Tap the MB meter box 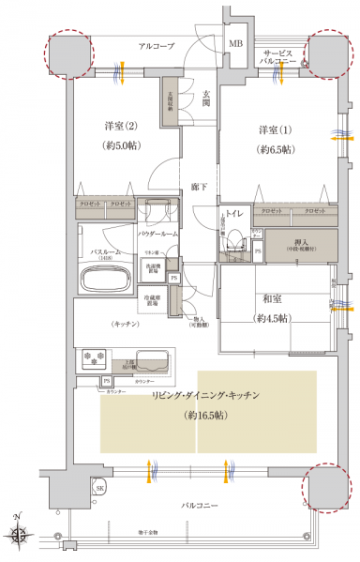point(236,44)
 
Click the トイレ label point(234,214)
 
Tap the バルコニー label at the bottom point(199,505)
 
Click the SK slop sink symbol point(99,488)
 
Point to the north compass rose point(20,536)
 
